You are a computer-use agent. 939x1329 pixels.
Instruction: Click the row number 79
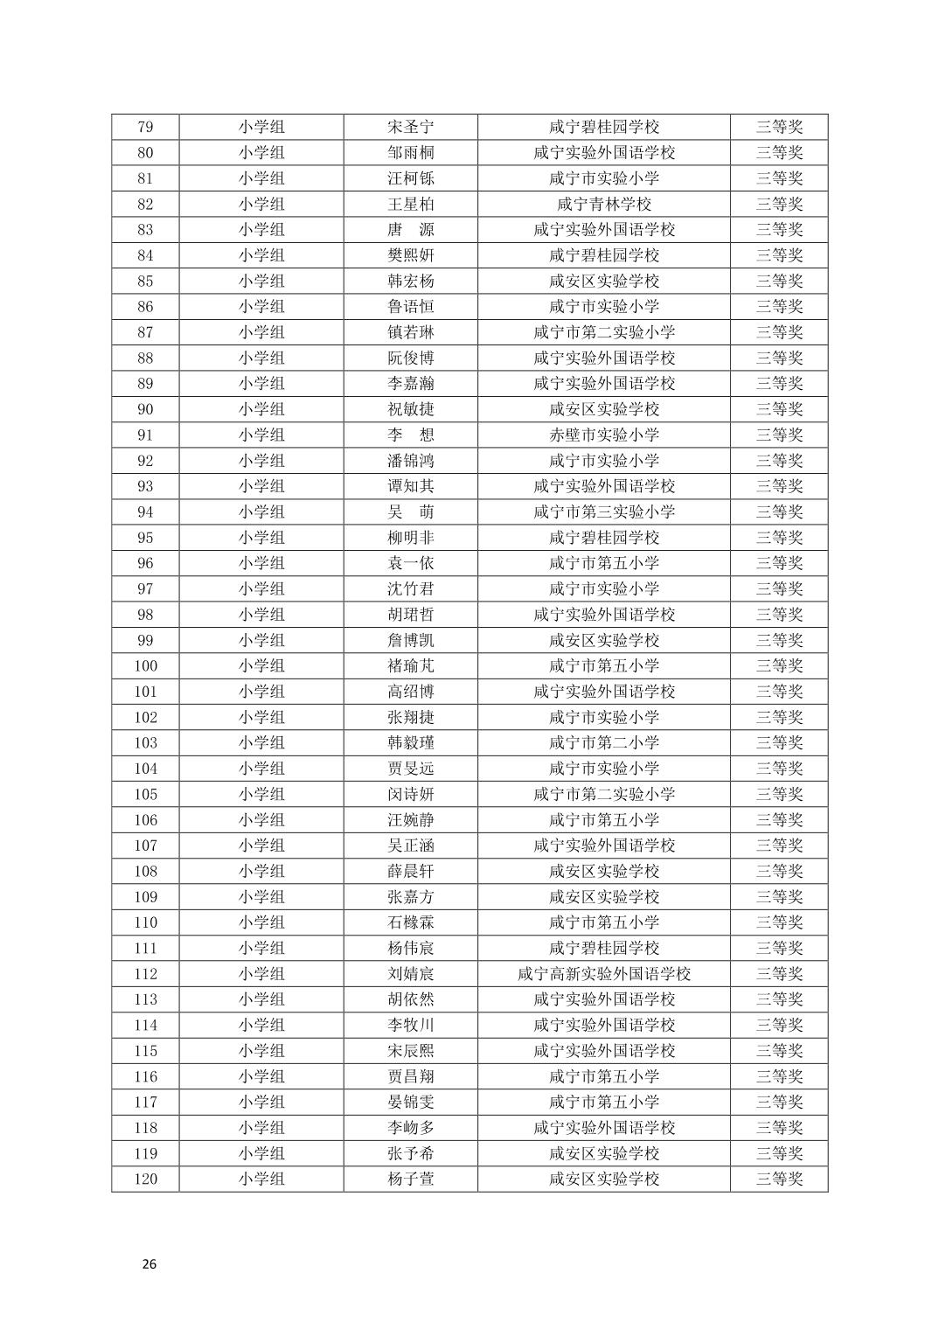[145, 127]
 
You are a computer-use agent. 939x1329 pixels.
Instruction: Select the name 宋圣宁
[410, 127]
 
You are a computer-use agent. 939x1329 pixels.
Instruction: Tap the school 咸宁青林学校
[604, 204]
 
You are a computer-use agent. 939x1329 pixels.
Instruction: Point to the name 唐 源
[410, 230]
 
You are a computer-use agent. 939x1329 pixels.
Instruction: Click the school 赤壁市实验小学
[604, 435]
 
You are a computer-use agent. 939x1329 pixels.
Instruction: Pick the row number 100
[145, 666]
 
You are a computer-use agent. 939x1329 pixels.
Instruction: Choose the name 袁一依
[410, 563]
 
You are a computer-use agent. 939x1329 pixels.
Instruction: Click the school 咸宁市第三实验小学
[604, 512]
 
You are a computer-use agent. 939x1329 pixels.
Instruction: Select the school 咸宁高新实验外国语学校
[604, 974]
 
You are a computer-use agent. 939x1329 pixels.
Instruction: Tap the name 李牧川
[410, 1026]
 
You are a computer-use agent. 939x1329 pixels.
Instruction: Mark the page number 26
[150, 1264]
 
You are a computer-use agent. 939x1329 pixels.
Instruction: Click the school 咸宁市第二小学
[604, 743]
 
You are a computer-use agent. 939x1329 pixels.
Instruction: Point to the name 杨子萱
[410, 1179]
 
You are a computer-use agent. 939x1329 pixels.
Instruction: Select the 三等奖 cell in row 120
[779, 1179]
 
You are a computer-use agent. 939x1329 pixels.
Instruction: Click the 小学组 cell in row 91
[261, 435]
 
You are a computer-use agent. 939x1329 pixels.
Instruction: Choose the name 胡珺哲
[410, 615]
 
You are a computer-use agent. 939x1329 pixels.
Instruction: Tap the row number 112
[145, 974]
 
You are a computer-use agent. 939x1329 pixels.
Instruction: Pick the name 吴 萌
[410, 512]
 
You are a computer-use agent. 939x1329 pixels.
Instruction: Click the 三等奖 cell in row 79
[779, 127]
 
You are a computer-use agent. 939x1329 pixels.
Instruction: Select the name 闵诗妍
[410, 795]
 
